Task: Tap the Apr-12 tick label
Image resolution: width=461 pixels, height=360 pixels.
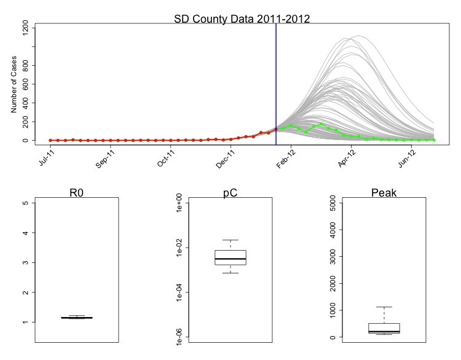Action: click(x=349, y=158)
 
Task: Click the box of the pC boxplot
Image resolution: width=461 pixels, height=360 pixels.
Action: click(x=230, y=257)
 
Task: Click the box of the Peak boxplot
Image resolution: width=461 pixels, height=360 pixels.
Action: click(x=384, y=327)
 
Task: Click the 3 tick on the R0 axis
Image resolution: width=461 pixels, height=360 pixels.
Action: click(x=26, y=263)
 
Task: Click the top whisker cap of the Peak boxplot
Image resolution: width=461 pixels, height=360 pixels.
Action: click(x=384, y=307)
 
